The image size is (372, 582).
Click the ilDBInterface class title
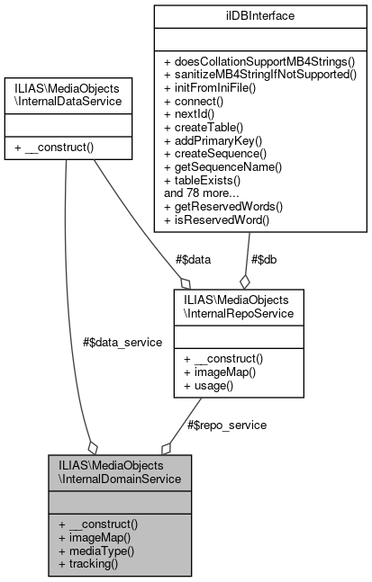coord(260,15)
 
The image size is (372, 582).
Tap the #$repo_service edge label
coord(225,425)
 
